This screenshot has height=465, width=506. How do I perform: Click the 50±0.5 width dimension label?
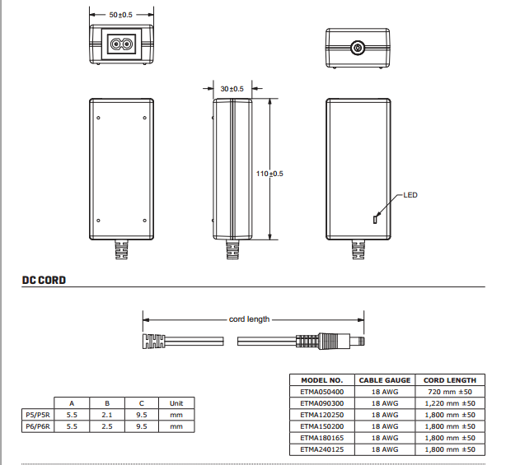120,15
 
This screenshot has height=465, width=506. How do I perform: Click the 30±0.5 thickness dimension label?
232,88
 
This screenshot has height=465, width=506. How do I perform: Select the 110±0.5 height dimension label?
269,174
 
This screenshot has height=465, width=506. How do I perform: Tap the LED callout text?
410,195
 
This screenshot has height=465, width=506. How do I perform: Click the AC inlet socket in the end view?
120,46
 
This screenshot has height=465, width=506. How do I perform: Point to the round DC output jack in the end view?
358,49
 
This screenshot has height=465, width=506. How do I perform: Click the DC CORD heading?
44,281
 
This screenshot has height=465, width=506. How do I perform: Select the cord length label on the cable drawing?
249,319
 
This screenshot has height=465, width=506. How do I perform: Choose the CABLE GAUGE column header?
385,380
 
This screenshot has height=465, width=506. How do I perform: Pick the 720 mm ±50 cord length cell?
449,392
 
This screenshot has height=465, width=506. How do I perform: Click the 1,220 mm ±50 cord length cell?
449,403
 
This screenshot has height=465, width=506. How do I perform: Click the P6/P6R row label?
37,427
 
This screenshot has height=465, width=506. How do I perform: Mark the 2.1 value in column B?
107,416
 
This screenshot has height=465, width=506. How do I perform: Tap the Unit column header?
176,403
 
